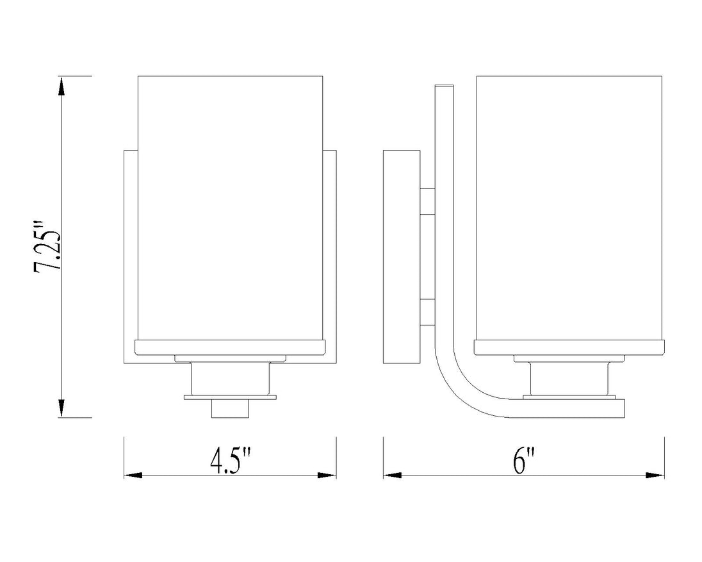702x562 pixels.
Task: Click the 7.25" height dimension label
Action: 47,246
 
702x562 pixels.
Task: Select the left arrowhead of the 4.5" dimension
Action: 133,475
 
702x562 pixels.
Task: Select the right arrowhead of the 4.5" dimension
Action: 327,475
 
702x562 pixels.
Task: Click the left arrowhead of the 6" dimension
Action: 393,475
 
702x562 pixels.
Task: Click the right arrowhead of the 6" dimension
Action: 655,475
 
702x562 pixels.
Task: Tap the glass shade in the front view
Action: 230,208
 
